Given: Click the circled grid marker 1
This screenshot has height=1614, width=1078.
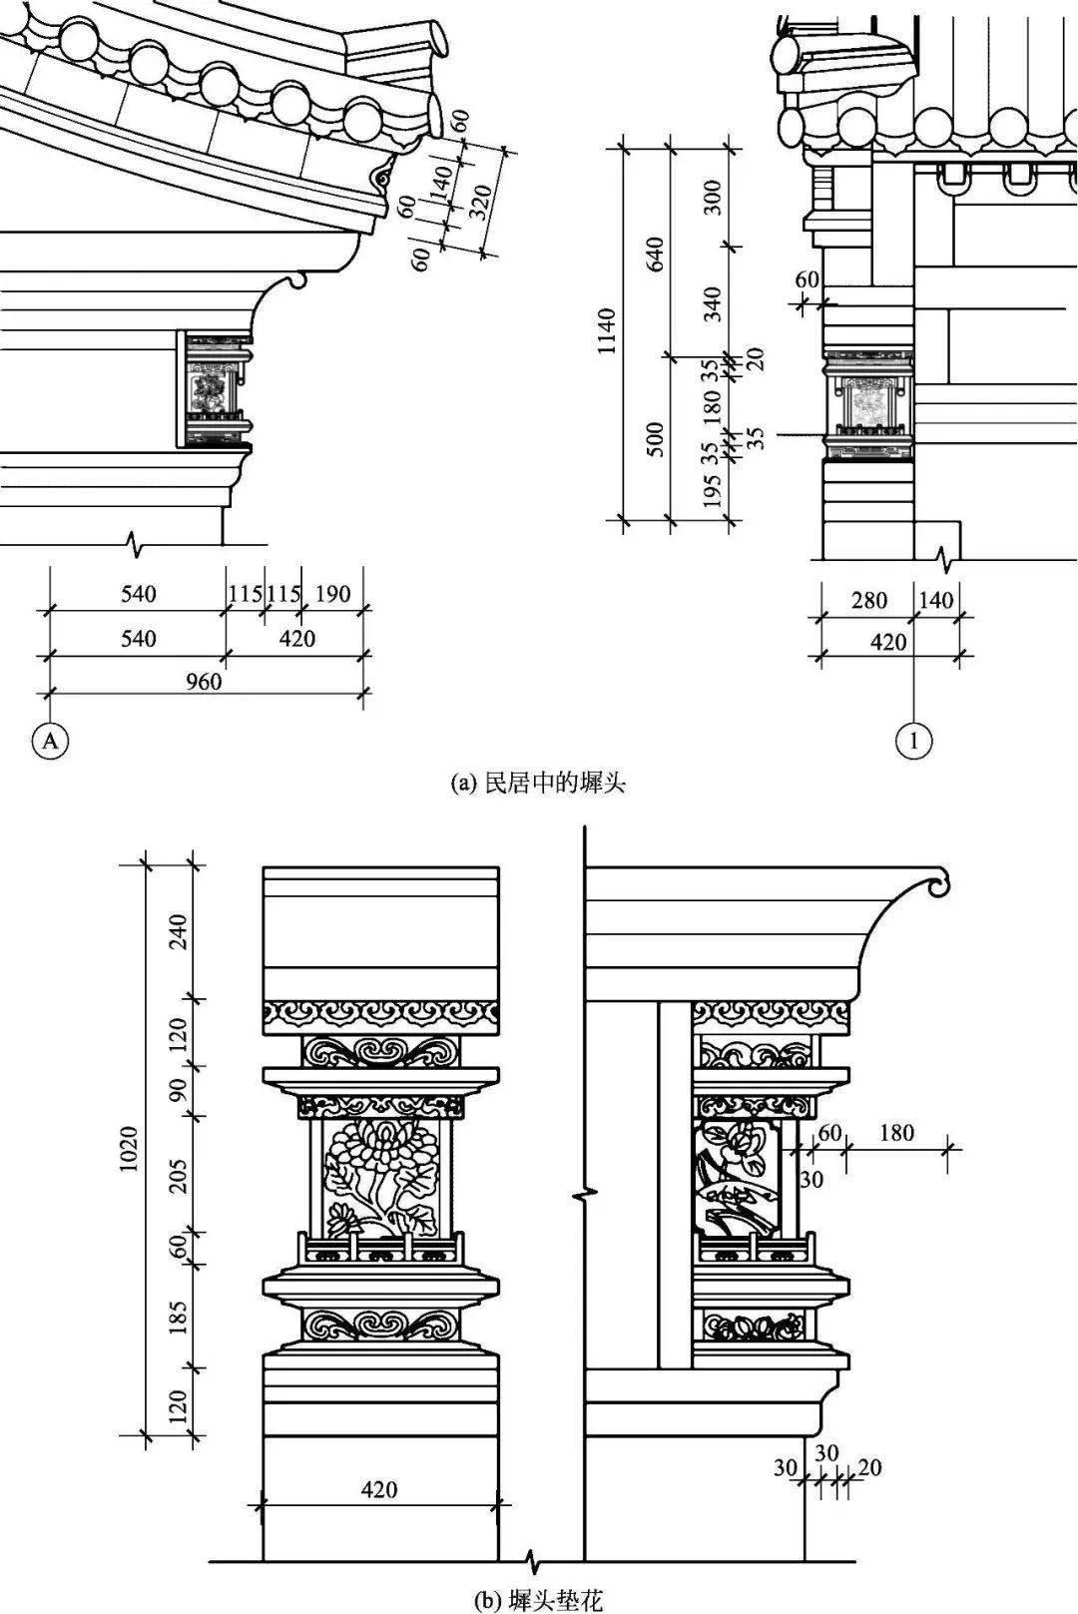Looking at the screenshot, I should tap(914, 741).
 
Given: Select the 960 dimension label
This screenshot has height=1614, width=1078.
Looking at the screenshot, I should tap(204, 682).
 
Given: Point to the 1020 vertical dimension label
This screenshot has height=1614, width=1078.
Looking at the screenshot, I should tap(131, 1150).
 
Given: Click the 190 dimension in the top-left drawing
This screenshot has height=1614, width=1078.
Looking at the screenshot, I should tap(331, 595).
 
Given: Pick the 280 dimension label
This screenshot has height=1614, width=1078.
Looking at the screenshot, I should tap(868, 600).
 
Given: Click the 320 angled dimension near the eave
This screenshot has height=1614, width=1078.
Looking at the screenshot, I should tap(481, 202).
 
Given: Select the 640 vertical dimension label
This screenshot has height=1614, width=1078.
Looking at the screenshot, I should tap(655, 256).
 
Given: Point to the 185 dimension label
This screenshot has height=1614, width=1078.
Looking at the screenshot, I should tap(179, 1317).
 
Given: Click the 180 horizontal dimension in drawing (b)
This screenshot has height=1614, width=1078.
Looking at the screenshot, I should tap(896, 1133).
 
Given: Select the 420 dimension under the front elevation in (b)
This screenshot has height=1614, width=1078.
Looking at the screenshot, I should tap(379, 1489).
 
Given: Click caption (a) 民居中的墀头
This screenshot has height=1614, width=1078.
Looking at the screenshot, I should tap(539, 783).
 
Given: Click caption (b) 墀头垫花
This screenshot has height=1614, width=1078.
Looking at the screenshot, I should tap(539, 1601).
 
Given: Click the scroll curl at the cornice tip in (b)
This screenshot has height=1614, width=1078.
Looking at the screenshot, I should tap(937, 883).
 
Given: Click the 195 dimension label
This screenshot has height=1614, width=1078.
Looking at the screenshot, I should tap(712, 491).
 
